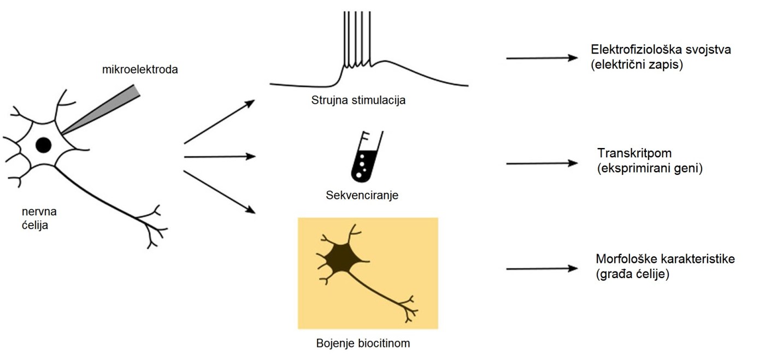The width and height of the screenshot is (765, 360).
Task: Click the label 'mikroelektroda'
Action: click(140, 70)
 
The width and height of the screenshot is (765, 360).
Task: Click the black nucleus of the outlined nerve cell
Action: click(44, 145)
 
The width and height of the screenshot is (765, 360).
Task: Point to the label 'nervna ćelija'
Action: click(36, 217)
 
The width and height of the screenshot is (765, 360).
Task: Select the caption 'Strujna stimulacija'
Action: click(358, 101)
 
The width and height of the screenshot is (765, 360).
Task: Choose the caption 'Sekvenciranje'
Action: click(362, 194)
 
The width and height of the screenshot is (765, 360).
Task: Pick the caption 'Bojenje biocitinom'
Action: click(363, 344)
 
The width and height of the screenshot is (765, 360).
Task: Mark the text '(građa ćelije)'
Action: click(633, 274)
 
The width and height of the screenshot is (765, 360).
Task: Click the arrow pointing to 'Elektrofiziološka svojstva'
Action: click(542, 57)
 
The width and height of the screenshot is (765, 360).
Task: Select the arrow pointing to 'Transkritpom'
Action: click(542, 163)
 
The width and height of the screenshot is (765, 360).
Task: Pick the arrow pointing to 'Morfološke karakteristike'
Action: click(542, 268)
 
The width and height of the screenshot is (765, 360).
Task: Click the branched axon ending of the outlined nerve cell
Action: click(153, 227)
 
